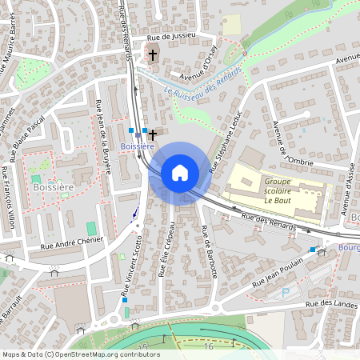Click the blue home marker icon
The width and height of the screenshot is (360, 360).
pos(180,173)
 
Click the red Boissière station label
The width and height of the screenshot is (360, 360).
pos(137,147)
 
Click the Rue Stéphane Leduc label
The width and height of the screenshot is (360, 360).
pos(225,142)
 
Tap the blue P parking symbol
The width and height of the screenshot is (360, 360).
pos(286,294)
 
